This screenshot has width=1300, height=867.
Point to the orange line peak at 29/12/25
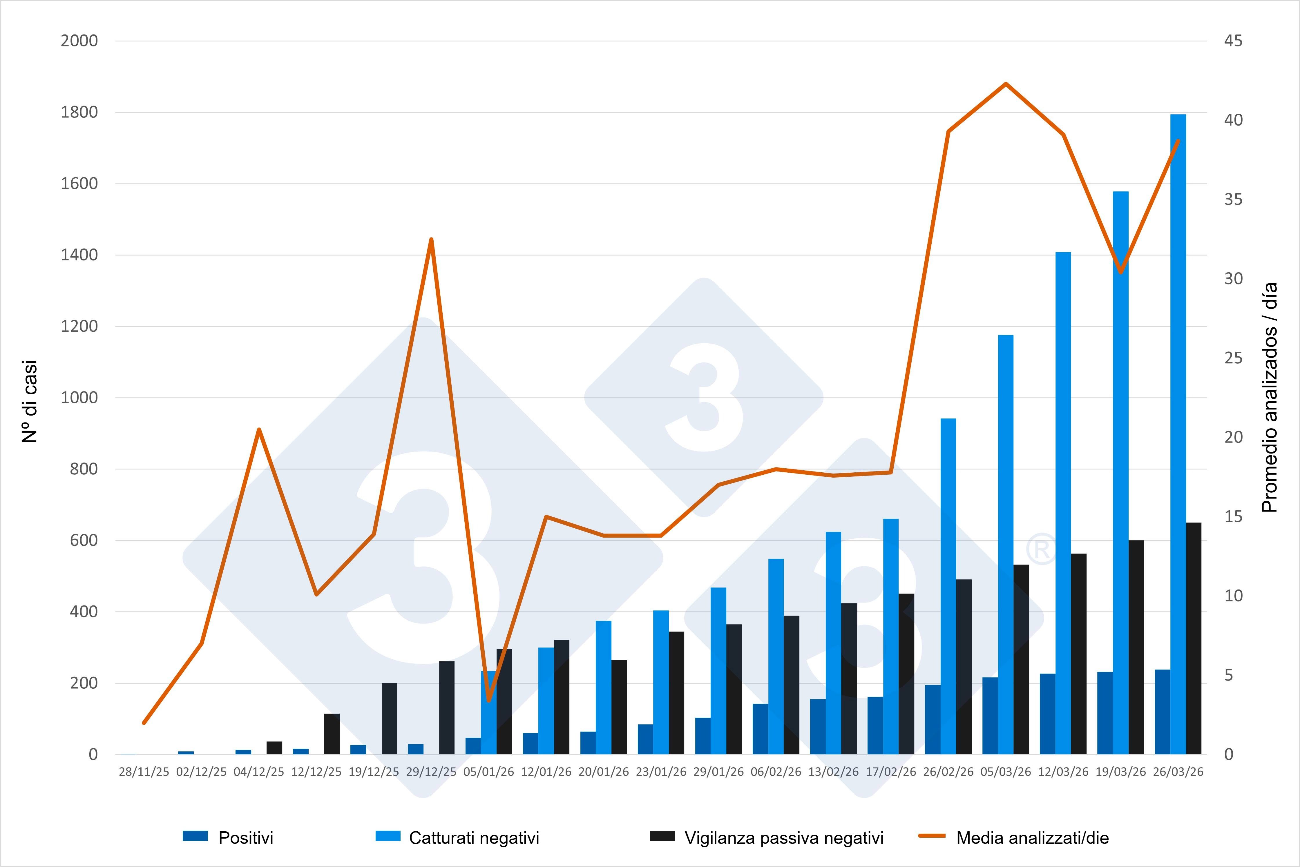(431, 240)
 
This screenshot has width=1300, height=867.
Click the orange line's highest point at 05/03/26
(1006, 84)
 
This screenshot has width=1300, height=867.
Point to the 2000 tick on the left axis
(79, 41)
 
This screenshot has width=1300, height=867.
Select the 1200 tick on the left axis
(79, 326)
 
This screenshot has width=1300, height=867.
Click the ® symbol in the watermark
(1041, 549)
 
